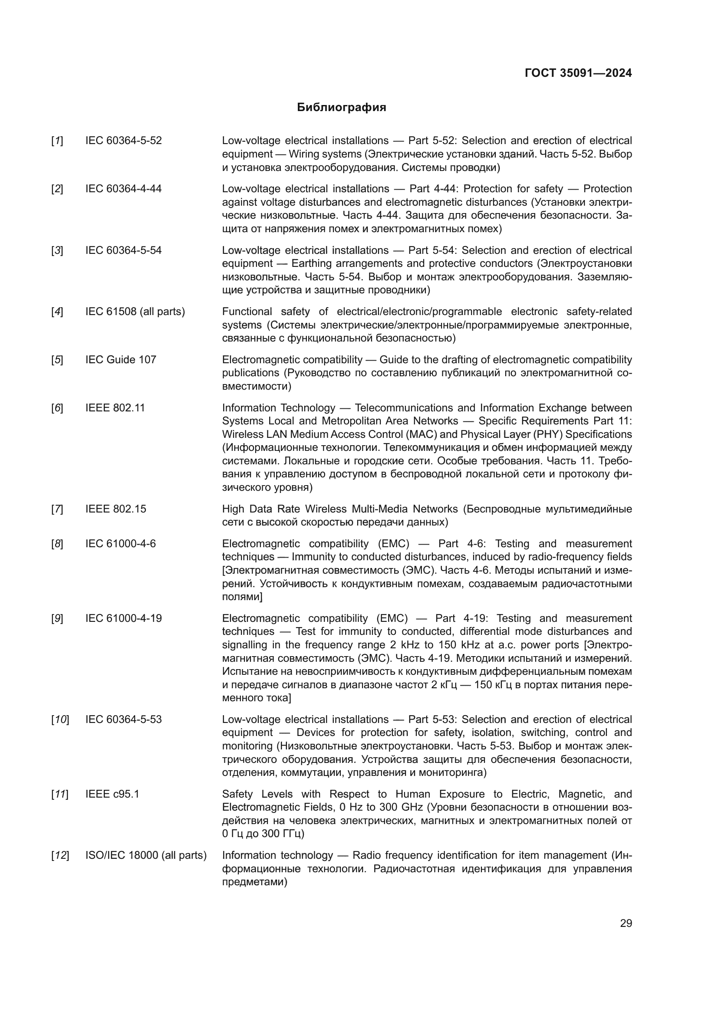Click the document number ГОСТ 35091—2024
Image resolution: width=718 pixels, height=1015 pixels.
[578, 73]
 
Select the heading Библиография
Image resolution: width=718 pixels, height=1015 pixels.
[341, 108]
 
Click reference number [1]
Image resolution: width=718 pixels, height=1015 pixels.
[57, 141]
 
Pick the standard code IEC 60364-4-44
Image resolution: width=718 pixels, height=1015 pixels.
[123, 189]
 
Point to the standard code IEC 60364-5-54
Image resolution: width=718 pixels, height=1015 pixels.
[123, 250]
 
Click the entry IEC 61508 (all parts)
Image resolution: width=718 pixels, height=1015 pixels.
[135, 312]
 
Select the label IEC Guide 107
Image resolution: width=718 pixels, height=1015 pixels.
[121, 359]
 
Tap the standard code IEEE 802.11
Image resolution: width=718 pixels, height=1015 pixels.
[115, 407]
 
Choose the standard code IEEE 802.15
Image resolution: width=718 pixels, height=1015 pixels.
[115, 509]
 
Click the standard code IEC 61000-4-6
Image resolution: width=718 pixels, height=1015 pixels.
[120, 543]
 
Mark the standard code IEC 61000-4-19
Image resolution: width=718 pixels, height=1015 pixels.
[123, 618]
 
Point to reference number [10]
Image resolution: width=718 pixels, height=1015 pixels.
[59, 719]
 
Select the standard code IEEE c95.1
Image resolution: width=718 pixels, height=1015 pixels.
[112, 794]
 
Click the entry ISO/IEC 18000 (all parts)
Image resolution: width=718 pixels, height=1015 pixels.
[146, 855]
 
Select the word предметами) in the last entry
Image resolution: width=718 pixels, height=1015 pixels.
[254, 882]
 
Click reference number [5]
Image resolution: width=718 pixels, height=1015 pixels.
[57, 359]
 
